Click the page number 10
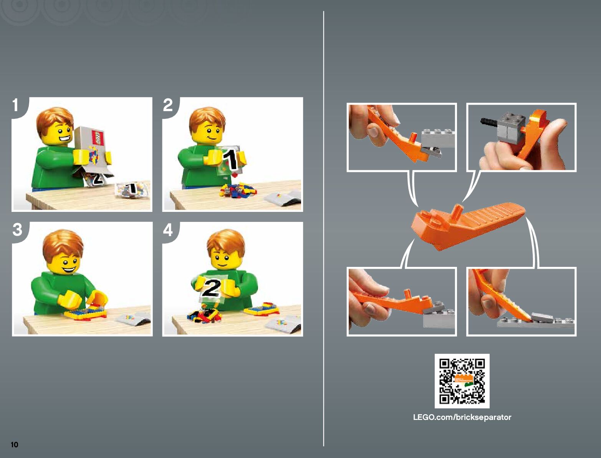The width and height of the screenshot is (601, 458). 15,445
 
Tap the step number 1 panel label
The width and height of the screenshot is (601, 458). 15,105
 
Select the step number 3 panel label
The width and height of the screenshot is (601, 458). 17,230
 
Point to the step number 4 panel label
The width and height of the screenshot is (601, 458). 168,230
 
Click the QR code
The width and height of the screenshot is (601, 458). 462,381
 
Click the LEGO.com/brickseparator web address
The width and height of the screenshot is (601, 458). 462,417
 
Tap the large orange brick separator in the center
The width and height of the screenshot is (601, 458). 468,226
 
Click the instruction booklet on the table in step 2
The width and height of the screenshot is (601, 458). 283,197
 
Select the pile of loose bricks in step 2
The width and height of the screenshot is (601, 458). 237,190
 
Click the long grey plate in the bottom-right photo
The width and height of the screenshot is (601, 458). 536,323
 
